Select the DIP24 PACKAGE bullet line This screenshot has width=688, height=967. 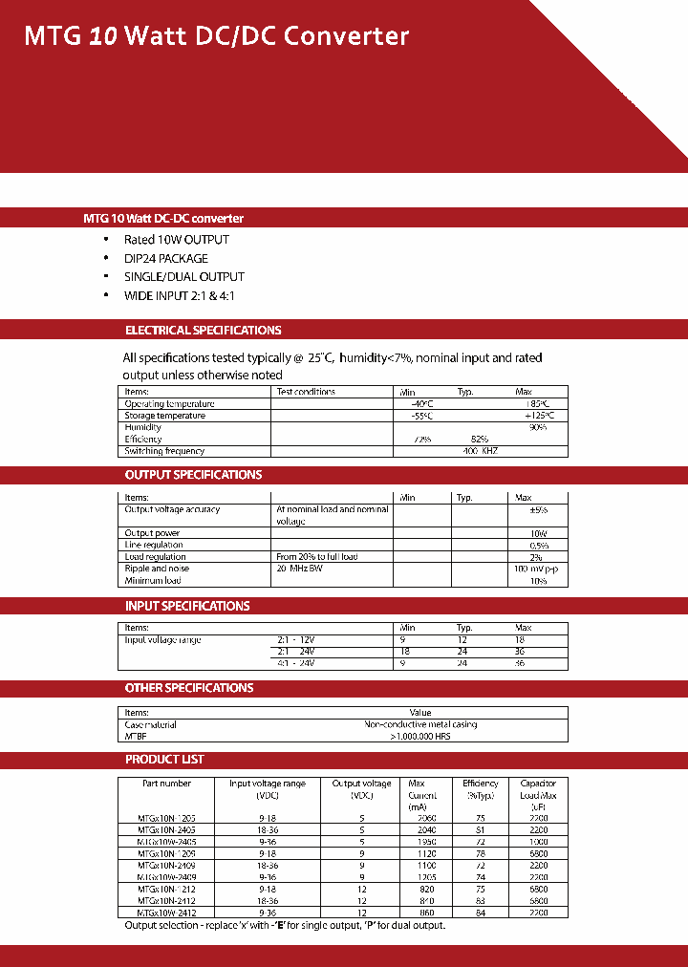[x=165, y=258]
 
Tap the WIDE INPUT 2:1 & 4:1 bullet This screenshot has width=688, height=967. [x=179, y=295]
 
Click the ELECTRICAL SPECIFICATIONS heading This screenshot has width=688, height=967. [x=203, y=331]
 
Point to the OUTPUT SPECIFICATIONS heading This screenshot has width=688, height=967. [x=193, y=475]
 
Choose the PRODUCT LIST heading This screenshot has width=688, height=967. [x=164, y=760]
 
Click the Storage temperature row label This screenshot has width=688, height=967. [x=164, y=416]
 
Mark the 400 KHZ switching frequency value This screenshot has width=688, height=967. [x=481, y=451]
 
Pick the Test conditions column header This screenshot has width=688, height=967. [x=306, y=392]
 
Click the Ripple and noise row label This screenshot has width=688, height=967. [x=157, y=569]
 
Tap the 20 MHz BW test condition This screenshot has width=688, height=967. [x=301, y=569]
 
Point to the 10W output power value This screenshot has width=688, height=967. [x=538, y=533]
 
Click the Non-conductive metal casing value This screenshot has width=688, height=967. [x=420, y=724]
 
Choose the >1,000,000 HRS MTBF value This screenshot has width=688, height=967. [x=420, y=737]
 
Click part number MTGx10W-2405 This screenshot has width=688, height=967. [x=167, y=842]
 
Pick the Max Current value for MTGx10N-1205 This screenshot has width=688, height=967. [x=421, y=819]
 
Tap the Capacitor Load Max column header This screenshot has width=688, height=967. [x=538, y=795]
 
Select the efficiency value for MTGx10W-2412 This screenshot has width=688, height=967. [x=480, y=913]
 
